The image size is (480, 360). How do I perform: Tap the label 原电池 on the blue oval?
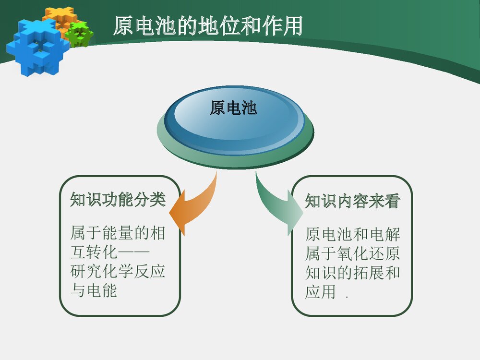(233, 108)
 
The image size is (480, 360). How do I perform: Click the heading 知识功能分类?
(118, 199)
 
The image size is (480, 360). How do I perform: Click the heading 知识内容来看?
(352, 201)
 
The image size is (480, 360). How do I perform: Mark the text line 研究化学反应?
(118, 271)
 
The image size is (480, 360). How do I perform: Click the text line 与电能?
(94, 290)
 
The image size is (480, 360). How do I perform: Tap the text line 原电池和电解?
(352, 235)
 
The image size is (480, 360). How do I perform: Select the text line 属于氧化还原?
(352, 253)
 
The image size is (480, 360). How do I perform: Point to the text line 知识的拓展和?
(352, 273)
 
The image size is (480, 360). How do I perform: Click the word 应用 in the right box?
(320, 292)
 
